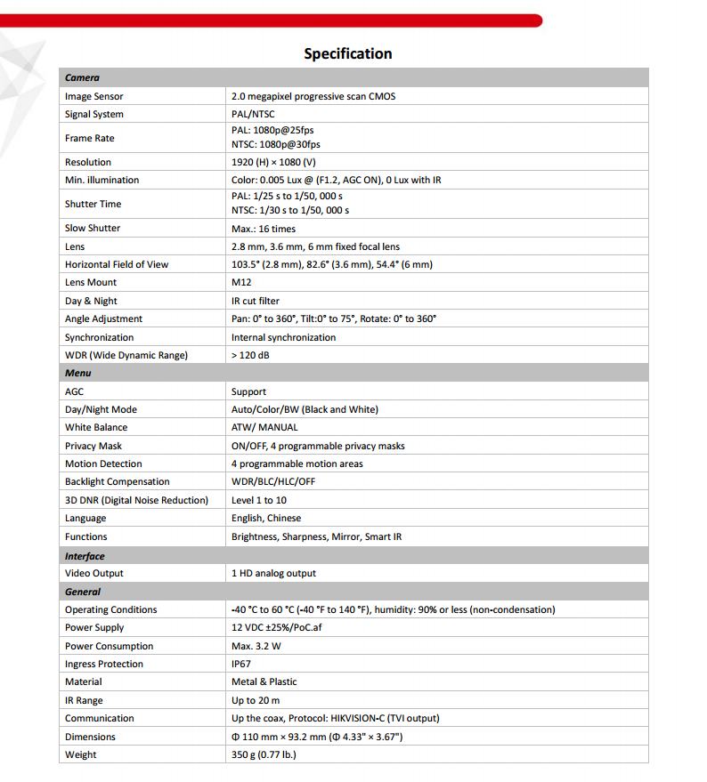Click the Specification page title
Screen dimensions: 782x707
(x=347, y=53)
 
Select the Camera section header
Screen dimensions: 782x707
(x=82, y=78)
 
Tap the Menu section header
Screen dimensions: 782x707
(x=78, y=373)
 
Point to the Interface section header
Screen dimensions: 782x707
(x=85, y=556)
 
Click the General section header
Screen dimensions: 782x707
(x=83, y=592)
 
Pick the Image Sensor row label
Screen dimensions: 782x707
(x=93, y=96)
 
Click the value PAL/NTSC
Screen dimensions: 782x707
(x=253, y=114)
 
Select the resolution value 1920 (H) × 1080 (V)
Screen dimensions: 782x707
(x=273, y=162)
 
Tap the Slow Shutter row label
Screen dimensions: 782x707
(x=93, y=228)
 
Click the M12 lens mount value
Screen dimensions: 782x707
(x=241, y=282)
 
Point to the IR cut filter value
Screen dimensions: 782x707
(x=255, y=301)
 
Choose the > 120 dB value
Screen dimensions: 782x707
(x=250, y=355)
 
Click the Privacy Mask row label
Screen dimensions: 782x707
(x=93, y=446)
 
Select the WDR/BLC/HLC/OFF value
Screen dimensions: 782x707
(x=273, y=481)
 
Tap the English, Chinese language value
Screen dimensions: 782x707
(x=266, y=518)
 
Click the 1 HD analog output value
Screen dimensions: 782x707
(x=273, y=573)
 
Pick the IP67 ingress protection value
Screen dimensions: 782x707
(x=242, y=664)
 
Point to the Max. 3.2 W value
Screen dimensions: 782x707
(x=256, y=646)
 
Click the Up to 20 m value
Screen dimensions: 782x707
(x=256, y=700)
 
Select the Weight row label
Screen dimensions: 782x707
(x=81, y=754)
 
